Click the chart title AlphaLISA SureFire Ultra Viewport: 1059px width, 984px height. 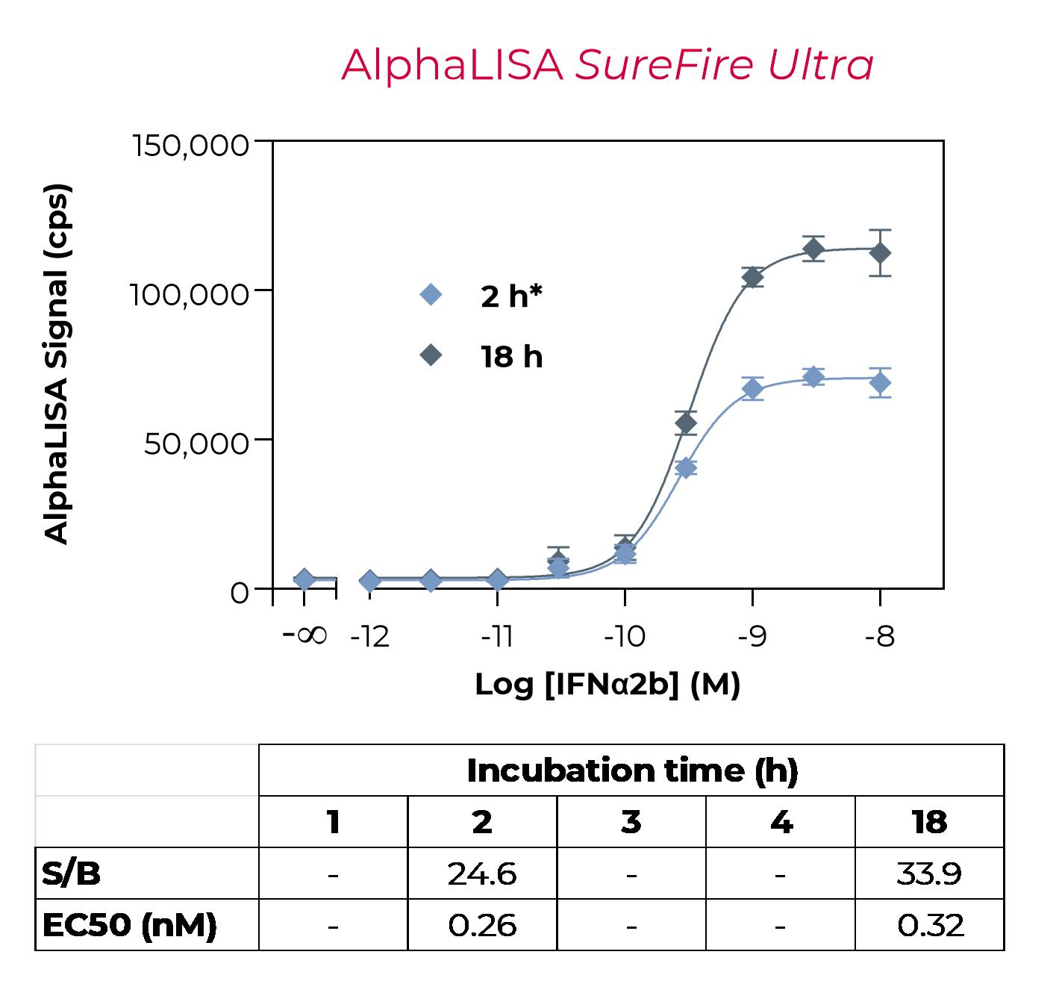(x=607, y=65)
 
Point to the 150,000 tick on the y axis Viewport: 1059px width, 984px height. (x=190, y=144)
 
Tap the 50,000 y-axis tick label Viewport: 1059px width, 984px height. (x=196, y=443)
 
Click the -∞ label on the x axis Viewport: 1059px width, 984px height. (x=304, y=635)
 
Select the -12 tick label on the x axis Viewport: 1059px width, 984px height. (x=370, y=637)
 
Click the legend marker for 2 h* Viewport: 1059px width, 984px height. (x=431, y=295)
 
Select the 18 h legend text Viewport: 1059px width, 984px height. (x=511, y=357)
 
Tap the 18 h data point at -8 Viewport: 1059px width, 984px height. (x=880, y=253)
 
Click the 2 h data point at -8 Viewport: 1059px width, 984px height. (x=880, y=383)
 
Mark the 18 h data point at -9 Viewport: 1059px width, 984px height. (x=752, y=277)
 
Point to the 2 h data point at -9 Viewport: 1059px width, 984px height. (x=752, y=389)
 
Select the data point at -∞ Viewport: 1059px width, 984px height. (x=304, y=579)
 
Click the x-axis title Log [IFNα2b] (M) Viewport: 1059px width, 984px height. (x=607, y=684)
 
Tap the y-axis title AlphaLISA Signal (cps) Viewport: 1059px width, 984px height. (x=57, y=364)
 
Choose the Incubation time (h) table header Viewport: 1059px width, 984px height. (x=631, y=770)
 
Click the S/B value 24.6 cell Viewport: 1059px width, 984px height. (x=482, y=873)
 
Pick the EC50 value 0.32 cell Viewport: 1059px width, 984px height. (x=930, y=925)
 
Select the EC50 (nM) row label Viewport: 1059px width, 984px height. (x=129, y=925)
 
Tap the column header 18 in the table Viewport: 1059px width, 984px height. (x=930, y=822)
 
